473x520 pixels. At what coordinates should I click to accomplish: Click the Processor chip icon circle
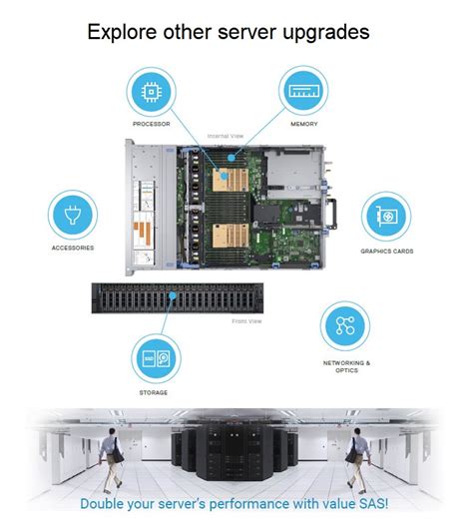(152, 92)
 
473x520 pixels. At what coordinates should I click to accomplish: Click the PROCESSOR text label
(152, 125)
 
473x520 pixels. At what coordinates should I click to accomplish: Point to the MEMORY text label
(304, 125)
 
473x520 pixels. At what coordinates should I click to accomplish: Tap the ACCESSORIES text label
(73, 249)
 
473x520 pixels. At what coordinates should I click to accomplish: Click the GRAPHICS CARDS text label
(386, 252)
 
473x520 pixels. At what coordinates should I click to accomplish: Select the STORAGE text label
(154, 392)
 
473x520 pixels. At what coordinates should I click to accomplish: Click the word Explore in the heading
(118, 32)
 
